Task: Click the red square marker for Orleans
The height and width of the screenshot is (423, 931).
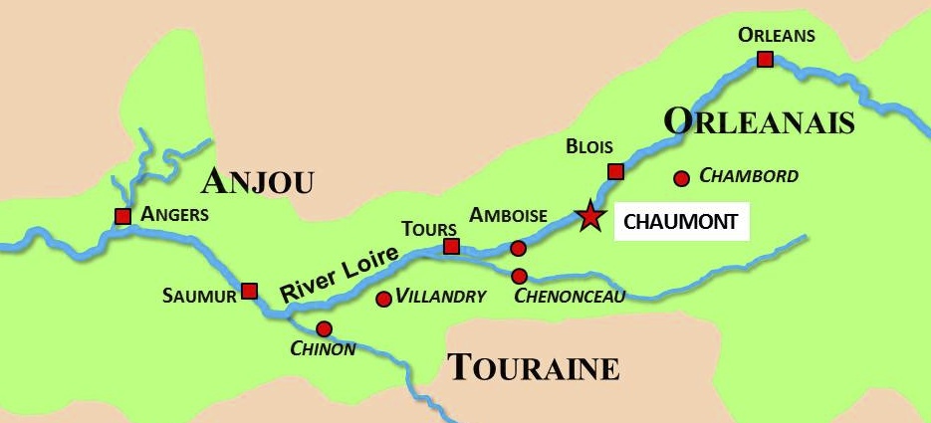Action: tap(765, 60)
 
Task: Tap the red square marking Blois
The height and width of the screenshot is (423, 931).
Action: tap(615, 171)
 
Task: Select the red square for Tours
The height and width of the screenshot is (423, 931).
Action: tap(451, 246)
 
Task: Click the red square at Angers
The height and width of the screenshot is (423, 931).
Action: tap(122, 216)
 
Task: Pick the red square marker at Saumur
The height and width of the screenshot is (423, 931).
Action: tap(250, 291)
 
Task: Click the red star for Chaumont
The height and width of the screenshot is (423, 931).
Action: tap(590, 216)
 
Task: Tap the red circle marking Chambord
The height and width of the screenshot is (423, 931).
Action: tap(682, 179)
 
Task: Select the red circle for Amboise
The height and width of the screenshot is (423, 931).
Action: tap(518, 248)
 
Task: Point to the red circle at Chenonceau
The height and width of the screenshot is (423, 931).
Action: tap(519, 276)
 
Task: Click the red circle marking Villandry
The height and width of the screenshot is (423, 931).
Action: tap(383, 299)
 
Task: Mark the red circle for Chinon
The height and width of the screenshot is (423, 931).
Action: tap(324, 328)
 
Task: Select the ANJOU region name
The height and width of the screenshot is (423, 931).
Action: tap(257, 181)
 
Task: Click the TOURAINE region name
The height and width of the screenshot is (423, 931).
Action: tap(533, 367)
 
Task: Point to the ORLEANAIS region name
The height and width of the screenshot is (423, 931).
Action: tap(759, 121)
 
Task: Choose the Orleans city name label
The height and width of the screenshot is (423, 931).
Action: tap(777, 36)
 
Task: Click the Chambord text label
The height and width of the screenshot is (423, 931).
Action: tap(749, 176)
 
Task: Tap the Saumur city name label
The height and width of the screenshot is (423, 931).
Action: tap(199, 296)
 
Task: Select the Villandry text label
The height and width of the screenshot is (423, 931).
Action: tap(441, 297)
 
